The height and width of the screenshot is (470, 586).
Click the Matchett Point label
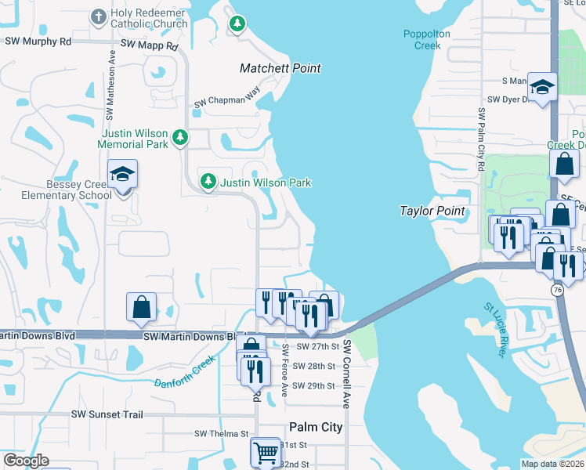click(x=280, y=69)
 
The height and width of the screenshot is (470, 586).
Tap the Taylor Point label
click(x=433, y=211)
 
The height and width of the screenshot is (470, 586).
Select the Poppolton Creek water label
click(x=423, y=39)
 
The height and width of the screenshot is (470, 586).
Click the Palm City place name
click(x=316, y=427)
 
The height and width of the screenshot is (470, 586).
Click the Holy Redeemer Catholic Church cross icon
click(x=99, y=16)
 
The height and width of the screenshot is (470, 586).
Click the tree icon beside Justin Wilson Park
click(x=208, y=182)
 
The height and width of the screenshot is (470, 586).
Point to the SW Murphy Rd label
click(x=38, y=41)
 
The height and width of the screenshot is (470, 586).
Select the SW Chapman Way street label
click(x=226, y=97)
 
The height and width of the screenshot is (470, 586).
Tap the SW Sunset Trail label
click(x=107, y=414)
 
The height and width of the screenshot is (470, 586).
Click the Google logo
click(x=26, y=461)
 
